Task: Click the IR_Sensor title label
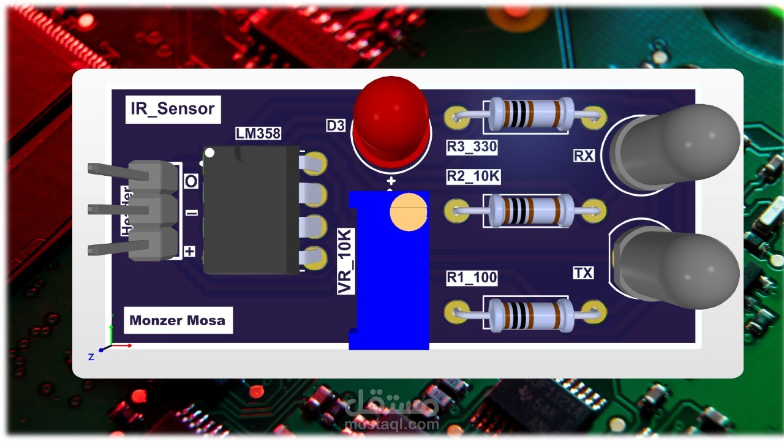[x=173, y=109]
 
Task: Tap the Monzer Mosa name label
[x=178, y=320]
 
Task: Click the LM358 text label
[x=258, y=133]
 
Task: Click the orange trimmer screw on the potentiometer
[x=408, y=211]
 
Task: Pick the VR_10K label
[x=346, y=262]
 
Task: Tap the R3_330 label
[x=471, y=147]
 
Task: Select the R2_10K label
[x=473, y=177]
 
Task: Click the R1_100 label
[x=471, y=277]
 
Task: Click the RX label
[x=584, y=156]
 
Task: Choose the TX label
[x=583, y=273]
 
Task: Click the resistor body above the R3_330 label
[x=527, y=115]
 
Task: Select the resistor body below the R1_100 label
[x=527, y=314]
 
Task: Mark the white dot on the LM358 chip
[x=209, y=153]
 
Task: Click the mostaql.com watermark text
[x=392, y=423]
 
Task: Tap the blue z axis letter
[x=91, y=356]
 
